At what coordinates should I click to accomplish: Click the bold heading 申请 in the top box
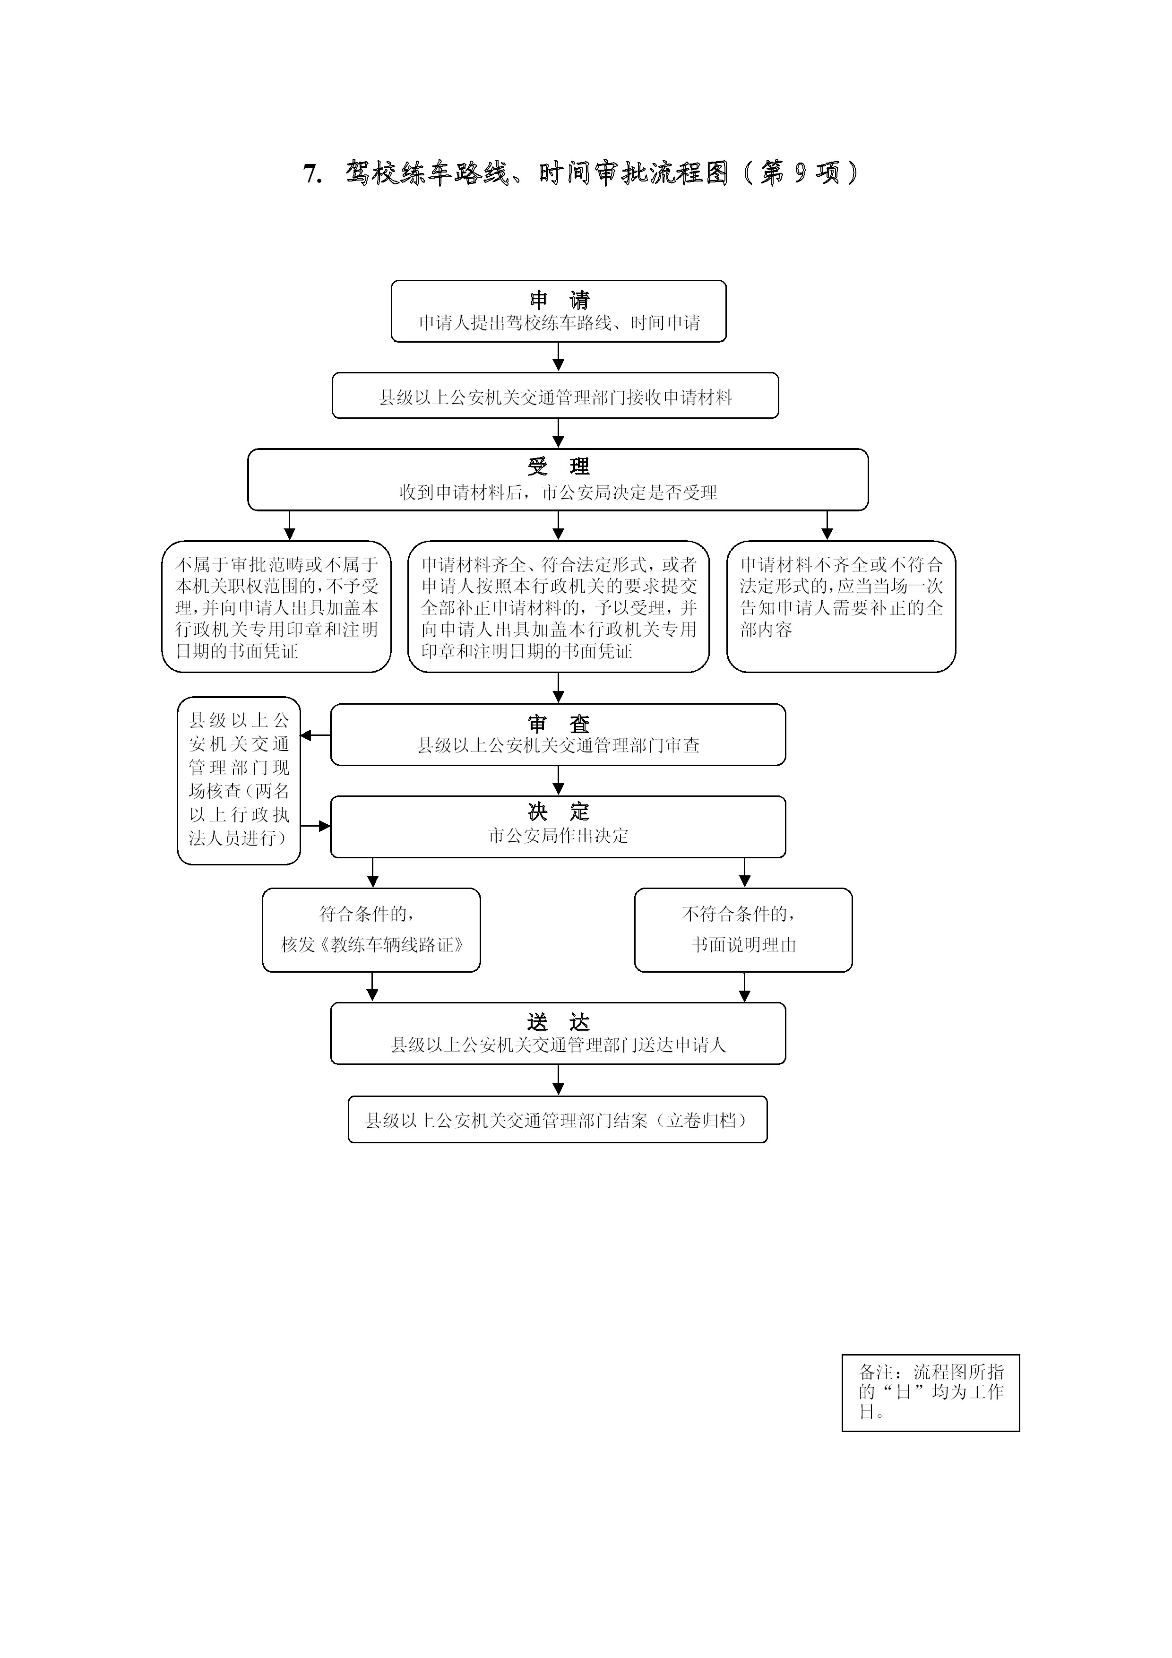pyautogui.click(x=560, y=300)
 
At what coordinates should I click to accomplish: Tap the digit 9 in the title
pyautogui.click(x=800, y=173)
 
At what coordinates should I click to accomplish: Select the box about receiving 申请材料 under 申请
pyautogui.click(x=555, y=395)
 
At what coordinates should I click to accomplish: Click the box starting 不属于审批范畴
pyautogui.click(x=276, y=606)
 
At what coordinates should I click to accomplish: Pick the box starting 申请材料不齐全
pyautogui.click(x=841, y=606)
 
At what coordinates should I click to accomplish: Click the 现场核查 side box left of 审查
pyautogui.click(x=239, y=781)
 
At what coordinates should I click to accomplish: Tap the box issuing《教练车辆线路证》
pyautogui.click(x=371, y=930)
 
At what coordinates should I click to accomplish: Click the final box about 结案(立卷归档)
pyautogui.click(x=558, y=1119)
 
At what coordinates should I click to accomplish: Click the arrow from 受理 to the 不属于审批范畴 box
pyautogui.click(x=290, y=526)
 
